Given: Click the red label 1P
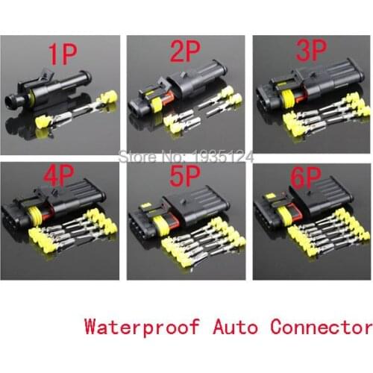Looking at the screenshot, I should coord(63,54).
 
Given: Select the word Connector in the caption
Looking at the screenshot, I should coord(320,327).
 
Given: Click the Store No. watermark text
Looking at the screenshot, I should coord(186,157).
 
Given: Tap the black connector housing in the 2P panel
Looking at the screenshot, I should coord(186,93).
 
